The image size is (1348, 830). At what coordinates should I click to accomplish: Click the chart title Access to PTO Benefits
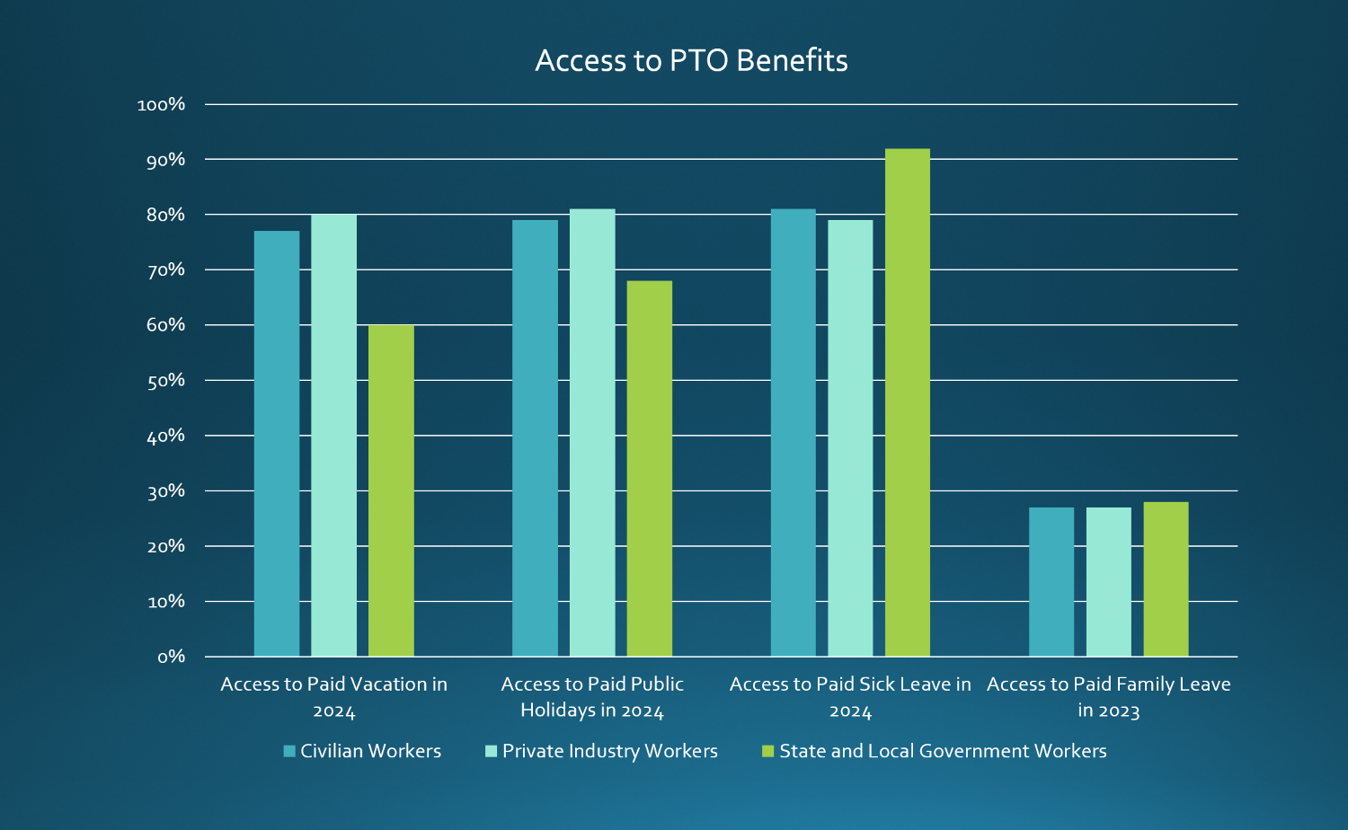(x=691, y=60)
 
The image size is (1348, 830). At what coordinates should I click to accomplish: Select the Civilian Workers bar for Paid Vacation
(x=277, y=444)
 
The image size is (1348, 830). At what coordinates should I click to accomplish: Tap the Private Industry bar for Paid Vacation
(x=333, y=436)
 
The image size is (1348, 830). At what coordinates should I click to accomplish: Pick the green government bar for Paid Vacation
(x=391, y=490)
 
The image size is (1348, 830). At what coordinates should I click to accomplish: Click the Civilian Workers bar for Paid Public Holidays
(x=535, y=438)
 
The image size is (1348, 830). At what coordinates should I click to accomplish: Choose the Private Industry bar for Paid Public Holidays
(x=592, y=433)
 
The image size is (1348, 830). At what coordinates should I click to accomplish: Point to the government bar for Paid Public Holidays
(x=649, y=469)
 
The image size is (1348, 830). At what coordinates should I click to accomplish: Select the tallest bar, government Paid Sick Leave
(x=908, y=402)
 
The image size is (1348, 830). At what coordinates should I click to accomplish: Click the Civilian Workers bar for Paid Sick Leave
(x=794, y=433)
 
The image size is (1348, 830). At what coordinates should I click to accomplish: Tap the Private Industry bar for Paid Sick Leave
(x=850, y=438)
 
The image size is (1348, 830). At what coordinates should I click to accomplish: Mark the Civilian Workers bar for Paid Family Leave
(x=1051, y=582)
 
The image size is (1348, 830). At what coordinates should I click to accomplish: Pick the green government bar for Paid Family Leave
(x=1166, y=579)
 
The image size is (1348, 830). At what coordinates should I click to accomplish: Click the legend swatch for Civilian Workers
(x=289, y=751)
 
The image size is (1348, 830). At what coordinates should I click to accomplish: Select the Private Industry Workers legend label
(x=609, y=751)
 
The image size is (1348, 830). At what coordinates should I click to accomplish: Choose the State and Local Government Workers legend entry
(x=942, y=751)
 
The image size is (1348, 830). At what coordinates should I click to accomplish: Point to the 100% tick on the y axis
(x=161, y=105)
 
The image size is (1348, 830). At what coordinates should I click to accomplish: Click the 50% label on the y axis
(x=165, y=381)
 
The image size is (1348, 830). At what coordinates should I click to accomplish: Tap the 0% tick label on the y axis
(x=171, y=657)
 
